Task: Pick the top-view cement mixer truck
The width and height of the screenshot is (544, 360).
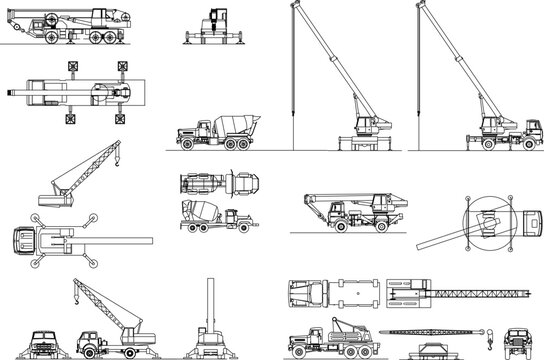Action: click(x=214, y=183)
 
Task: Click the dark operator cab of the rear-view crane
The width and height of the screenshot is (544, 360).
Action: click(x=215, y=21)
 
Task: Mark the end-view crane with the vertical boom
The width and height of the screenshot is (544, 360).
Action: click(x=210, y=320)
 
